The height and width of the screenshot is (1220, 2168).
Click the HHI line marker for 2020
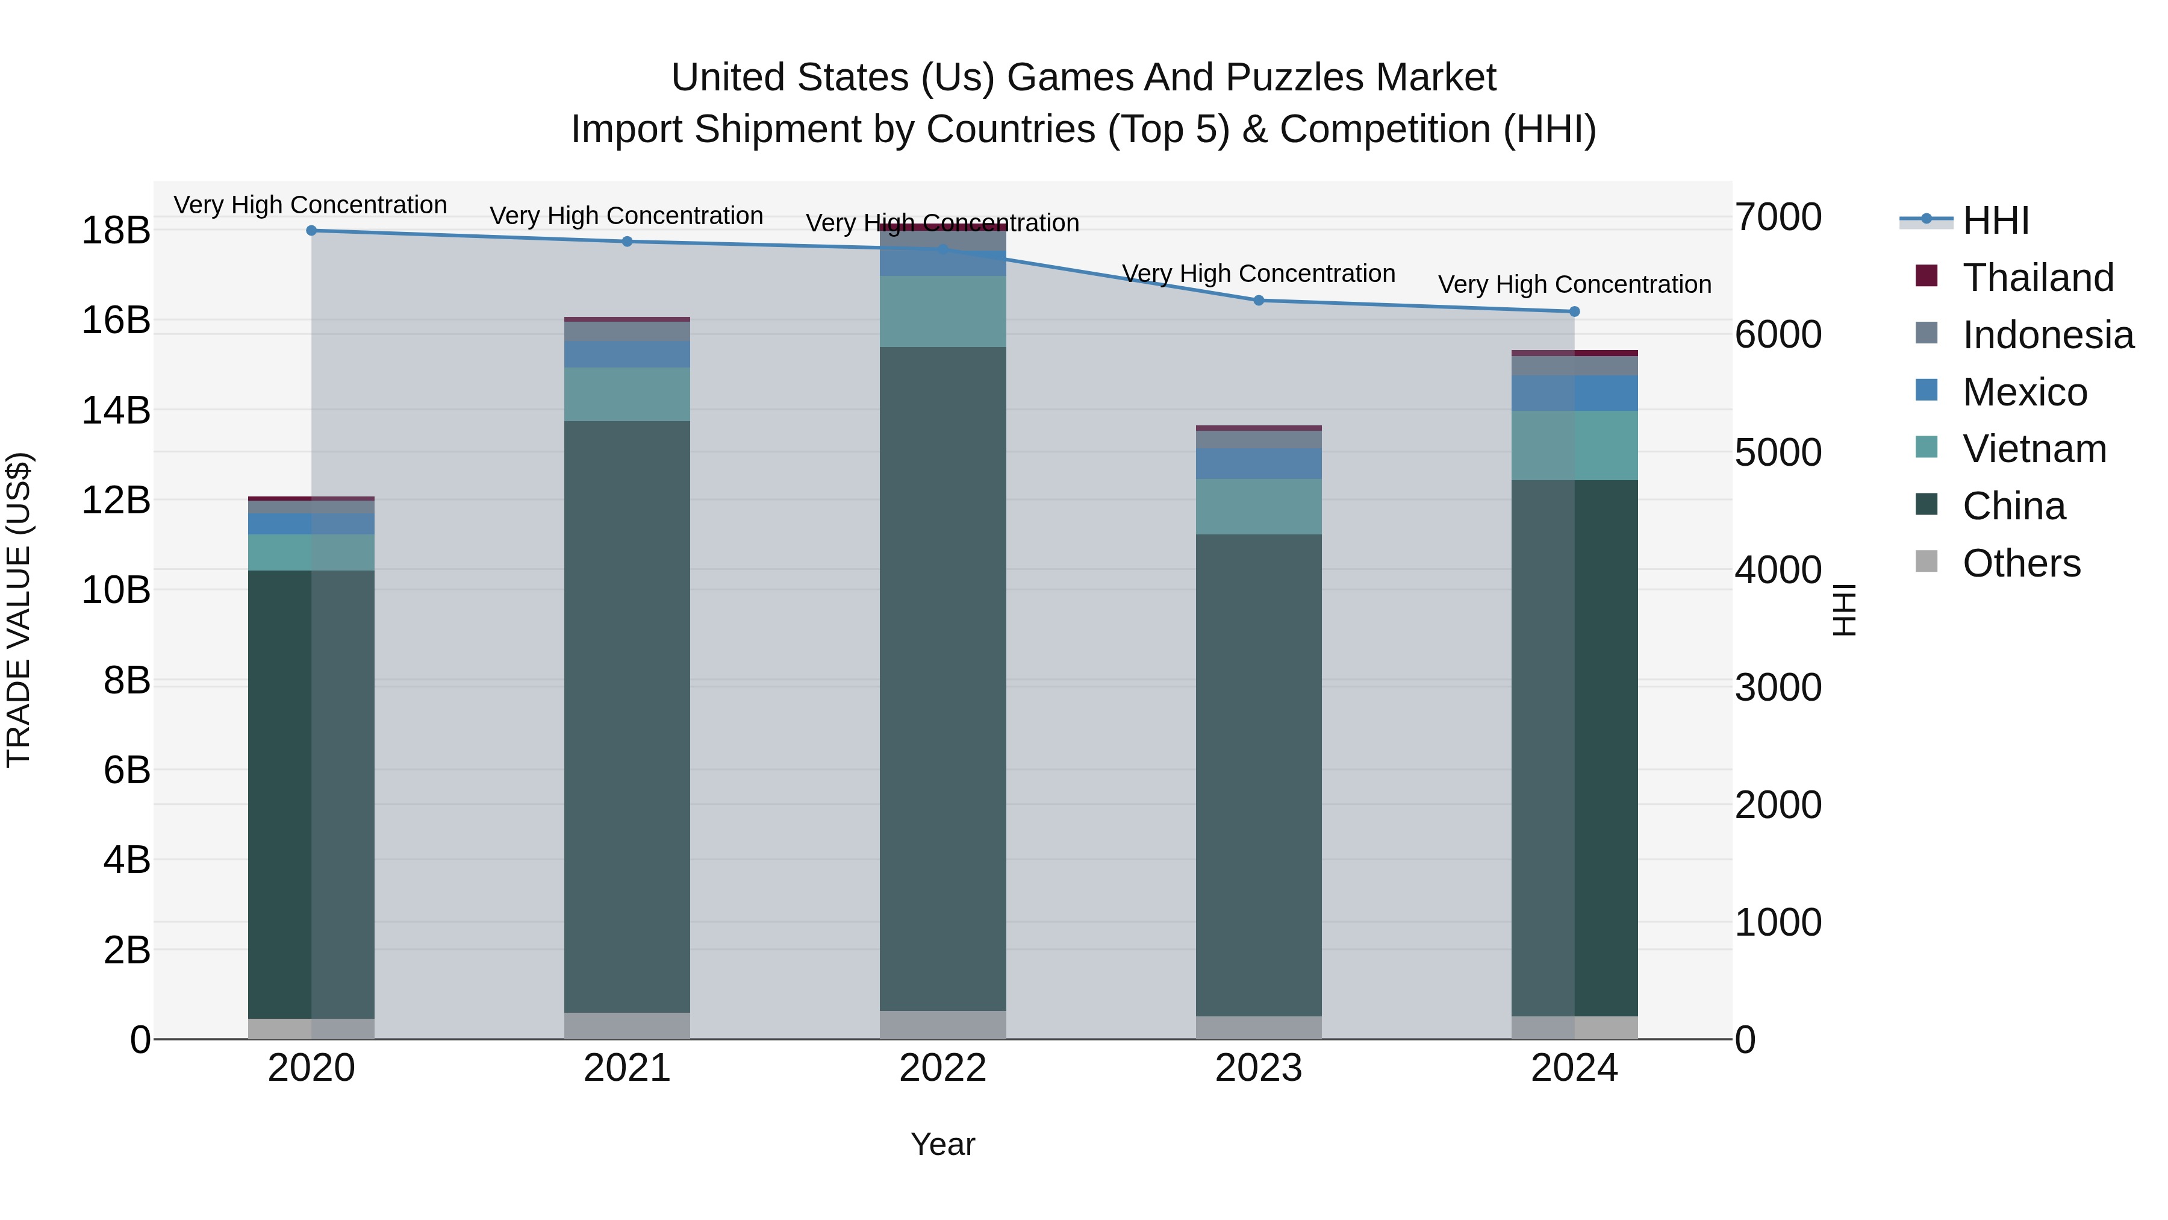tap(311, 230)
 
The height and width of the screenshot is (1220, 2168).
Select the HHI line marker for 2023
tap(1258, 300)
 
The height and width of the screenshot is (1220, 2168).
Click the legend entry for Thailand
tap(2037, 277)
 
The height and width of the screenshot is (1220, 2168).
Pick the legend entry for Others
tap(2020, 563)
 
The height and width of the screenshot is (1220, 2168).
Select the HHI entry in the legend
tap(1995, 220)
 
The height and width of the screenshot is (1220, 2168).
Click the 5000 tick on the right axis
tap(1778, 451)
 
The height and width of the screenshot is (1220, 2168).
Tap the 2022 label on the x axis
tap(942, 1068)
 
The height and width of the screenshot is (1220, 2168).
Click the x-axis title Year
tap(942, 1143)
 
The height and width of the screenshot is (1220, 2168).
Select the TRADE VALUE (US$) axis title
tap(19, 610)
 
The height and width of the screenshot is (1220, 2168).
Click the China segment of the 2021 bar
tap(627, 716)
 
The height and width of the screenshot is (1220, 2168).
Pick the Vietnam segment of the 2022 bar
tap(942, 311)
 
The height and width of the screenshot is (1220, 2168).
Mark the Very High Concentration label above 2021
tap(626, 216)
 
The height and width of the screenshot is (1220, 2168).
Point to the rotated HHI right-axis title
tap(1843, 610)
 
